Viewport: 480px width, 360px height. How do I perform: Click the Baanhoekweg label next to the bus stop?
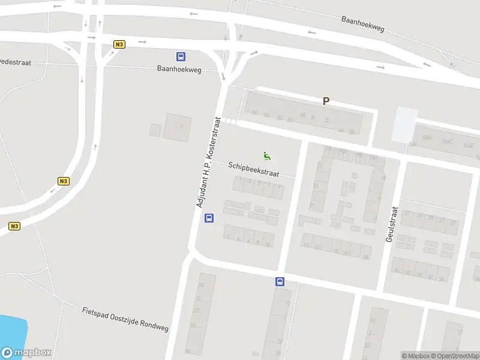coord(178,69)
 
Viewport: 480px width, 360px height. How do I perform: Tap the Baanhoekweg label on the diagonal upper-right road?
coord(362,24)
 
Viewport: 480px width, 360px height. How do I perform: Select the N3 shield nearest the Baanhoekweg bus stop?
coord(119,44)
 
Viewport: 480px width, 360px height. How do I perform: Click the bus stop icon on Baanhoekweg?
coord(181,56)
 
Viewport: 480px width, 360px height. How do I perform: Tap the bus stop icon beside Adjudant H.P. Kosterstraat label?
coord(209,218)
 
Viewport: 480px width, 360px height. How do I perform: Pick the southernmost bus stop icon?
coord(280,281)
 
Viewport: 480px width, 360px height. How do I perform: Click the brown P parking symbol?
coord(326,101)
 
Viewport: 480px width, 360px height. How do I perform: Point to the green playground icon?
coord(267,155)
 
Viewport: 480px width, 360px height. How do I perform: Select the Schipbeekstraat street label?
coord(253,168)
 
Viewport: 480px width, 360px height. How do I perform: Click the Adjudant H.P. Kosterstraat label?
coord(209,163)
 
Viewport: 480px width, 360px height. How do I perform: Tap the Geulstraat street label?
coord(391,224)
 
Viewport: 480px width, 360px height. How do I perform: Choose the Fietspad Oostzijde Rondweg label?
coord(125,319)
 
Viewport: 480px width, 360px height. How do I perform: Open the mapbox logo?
coord(26,353)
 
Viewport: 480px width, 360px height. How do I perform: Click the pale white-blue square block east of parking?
coord(405,123)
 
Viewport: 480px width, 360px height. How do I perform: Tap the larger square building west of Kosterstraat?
coord(178,127)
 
